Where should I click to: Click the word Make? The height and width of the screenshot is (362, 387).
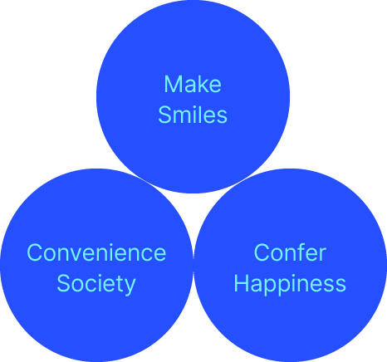click(193, 84)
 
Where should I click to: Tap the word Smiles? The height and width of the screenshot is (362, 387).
click(193, 115)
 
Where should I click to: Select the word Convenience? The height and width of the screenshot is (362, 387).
click(96, 252)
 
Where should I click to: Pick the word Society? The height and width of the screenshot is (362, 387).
click(96, 284)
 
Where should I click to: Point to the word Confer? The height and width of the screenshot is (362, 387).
click(290, 252)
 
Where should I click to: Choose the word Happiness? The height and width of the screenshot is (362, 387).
click(290, 284)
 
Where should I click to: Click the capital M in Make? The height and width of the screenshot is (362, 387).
click(172, 84)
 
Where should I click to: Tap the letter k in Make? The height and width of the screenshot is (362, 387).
click(202, 84)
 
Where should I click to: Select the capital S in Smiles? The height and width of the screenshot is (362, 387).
click(165, 115)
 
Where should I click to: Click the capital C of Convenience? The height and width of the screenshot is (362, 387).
click(35, 252)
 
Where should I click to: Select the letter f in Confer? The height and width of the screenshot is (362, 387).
click(303, 252)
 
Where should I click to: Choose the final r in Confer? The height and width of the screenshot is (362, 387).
click(323, 255)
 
